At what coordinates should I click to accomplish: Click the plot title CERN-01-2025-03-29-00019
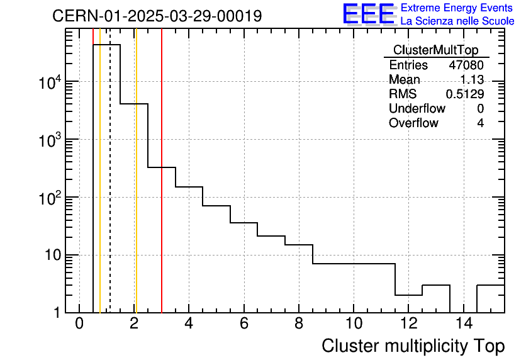157,16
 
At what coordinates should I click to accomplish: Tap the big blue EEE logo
368,14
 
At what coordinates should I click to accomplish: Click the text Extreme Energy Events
457,8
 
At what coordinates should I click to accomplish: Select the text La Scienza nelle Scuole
457,21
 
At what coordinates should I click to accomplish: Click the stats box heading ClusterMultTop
435,50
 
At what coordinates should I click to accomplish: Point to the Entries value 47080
466,65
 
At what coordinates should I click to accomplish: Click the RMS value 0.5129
465,94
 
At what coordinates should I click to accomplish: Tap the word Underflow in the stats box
417,108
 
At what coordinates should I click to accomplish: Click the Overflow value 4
480,123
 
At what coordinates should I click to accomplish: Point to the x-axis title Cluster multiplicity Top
413,346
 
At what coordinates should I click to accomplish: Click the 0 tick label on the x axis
79,323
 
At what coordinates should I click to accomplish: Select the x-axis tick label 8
299,323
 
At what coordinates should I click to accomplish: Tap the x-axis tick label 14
463,323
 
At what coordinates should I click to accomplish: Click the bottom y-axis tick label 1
58,312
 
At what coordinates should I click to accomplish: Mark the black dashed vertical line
110,189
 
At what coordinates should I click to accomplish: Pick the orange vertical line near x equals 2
136,189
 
